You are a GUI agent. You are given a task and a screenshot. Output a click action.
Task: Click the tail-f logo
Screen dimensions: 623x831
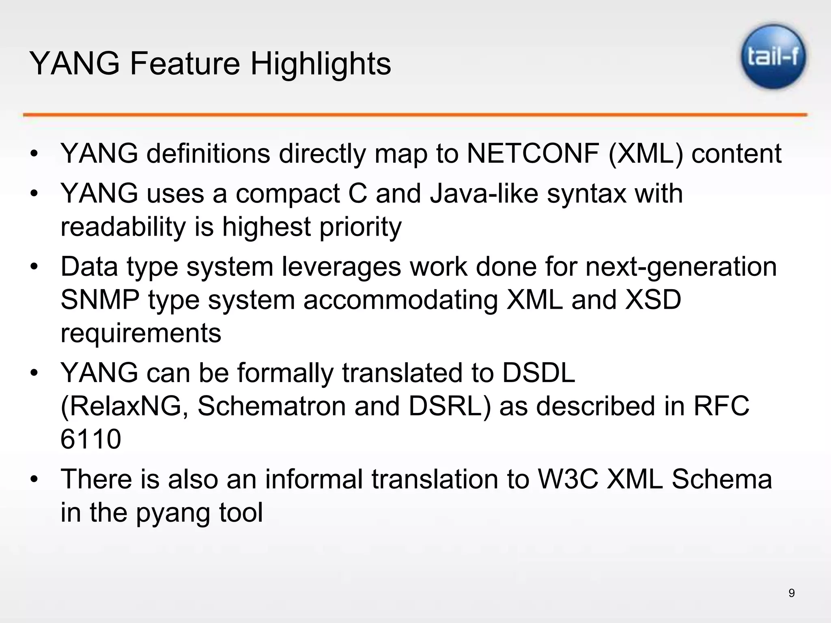pos(773,57)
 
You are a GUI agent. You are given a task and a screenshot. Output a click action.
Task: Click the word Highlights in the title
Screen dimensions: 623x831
pos(321,64)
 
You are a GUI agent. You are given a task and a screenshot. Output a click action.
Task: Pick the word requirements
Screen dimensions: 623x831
pos(141,333)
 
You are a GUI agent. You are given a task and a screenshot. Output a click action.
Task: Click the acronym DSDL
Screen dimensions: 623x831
pos(538,373)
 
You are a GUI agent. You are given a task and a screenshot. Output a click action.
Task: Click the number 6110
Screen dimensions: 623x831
pos(90,439)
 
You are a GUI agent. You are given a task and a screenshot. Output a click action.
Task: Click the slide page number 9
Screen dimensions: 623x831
pos(791,593)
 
